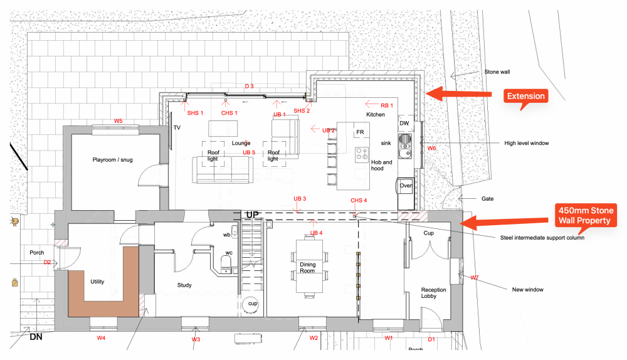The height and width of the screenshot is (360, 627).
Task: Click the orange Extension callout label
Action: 525,97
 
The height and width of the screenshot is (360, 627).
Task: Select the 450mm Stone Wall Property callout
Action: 586,215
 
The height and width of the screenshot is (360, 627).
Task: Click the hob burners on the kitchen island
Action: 362,154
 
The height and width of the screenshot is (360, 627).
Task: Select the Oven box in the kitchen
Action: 406,186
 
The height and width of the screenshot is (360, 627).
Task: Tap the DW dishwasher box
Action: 404,124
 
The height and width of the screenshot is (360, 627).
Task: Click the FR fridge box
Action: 360,132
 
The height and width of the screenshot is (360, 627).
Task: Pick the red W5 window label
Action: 118,120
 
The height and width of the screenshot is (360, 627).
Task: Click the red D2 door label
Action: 47,262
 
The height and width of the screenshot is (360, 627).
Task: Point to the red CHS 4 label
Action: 359,201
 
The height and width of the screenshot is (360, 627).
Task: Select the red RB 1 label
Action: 387,105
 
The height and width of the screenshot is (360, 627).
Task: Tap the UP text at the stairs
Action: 252,214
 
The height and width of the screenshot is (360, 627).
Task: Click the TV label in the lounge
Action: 177,127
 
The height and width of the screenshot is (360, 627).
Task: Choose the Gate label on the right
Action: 487,199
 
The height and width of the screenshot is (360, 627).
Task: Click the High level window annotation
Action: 527,143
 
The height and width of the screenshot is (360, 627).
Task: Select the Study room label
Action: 184,285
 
